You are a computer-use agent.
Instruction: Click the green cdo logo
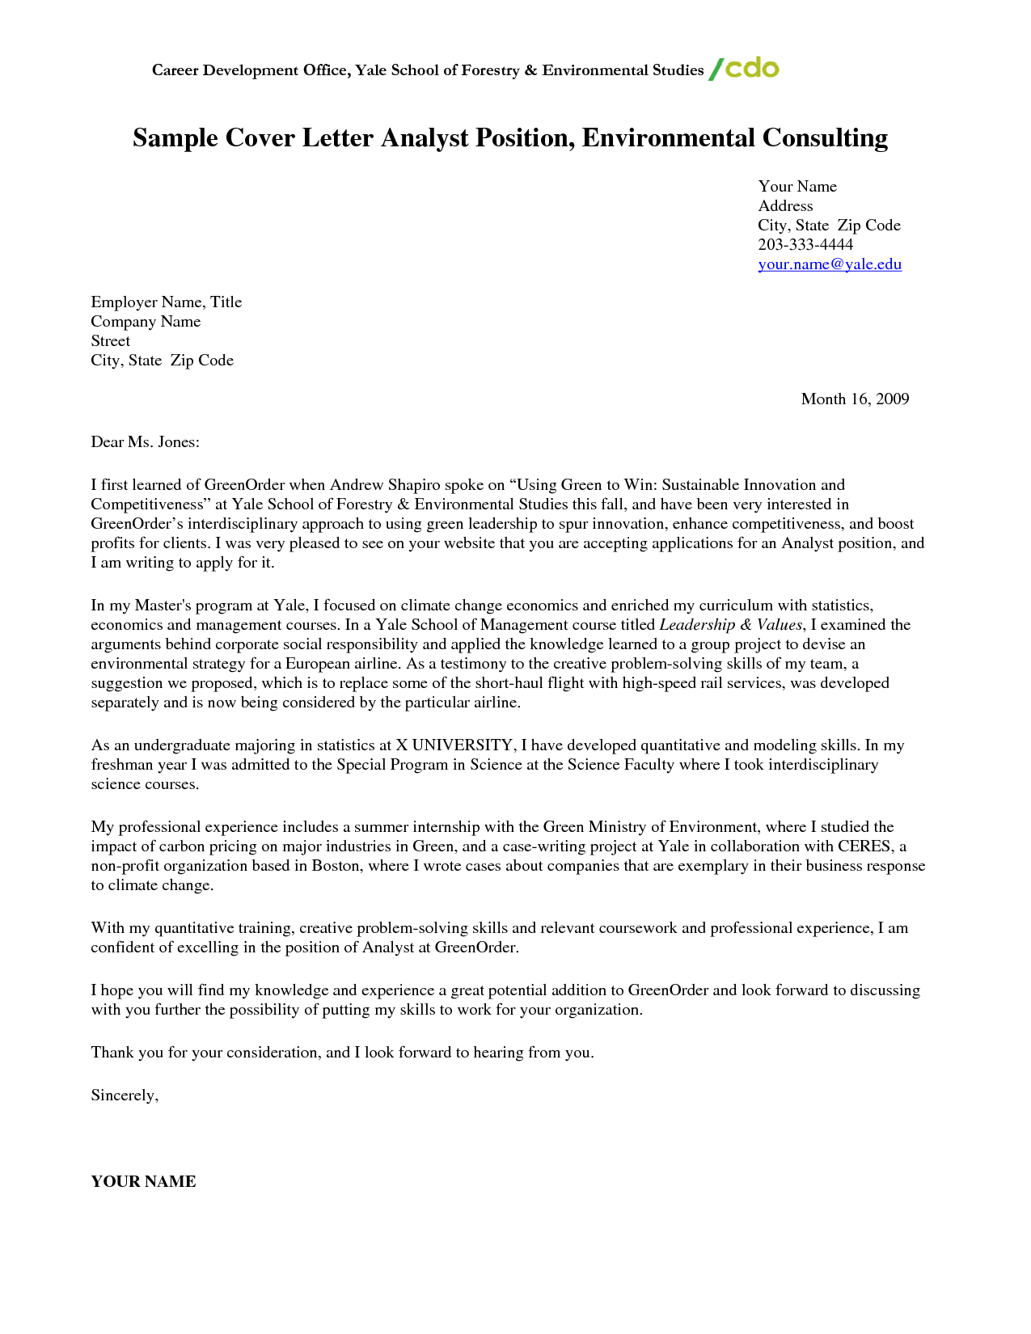tap(744, 69)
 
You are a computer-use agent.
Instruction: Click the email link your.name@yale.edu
tap(829, 264)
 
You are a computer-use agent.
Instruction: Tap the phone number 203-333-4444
tap(805, 245)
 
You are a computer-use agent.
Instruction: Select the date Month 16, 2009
tap(855, 399)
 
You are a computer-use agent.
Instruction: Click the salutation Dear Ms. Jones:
tap(145, 441)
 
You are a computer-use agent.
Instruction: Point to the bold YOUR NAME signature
tap(143, 1181)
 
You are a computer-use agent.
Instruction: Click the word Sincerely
tap(124, 1095)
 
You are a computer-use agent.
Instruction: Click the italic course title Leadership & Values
tap(730, 625)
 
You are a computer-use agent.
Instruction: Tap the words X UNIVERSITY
tap(454, 745)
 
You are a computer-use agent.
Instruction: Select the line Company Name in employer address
tap(146, 322)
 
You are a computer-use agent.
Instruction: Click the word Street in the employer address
tap(110, 341)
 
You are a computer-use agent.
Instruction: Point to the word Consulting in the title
tap(824, 138)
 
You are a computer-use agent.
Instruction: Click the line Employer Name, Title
tap(166, 302)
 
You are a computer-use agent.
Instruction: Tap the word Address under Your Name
tap(785, 206)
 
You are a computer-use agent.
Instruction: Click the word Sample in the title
tap(175, 138)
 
